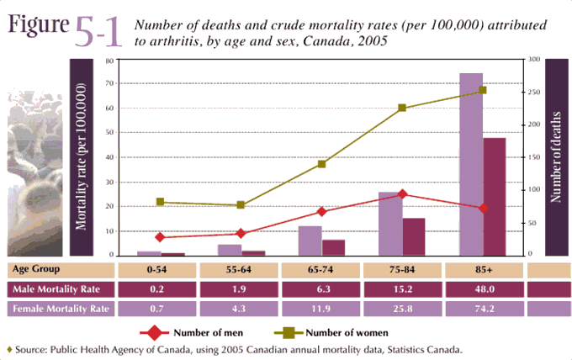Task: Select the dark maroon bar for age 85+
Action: point(494,196)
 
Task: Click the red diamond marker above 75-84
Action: point(402,193)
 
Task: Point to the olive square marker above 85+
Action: point(483,90)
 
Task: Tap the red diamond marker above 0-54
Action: point(160,237)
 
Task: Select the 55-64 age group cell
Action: point(240,269)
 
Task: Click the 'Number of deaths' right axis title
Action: point(555,156)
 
